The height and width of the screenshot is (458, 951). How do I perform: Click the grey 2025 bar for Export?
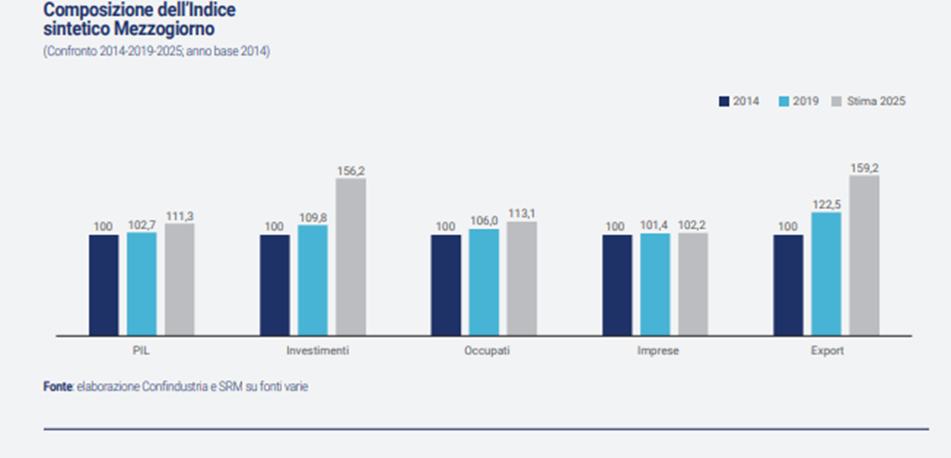(x=863, y=255)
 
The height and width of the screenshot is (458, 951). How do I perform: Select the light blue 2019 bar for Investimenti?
(x=313, y=280)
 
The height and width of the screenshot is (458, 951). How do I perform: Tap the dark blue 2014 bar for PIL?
(x=104, y=285)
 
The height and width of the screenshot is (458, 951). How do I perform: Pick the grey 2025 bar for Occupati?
(x=522, y=278)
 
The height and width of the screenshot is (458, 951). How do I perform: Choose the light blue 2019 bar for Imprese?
(x=655, y=284)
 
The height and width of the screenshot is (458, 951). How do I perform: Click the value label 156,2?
(x=351, y=171)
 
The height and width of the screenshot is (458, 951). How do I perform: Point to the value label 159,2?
(x=864, y=168)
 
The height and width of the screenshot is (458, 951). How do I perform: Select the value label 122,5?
(x=827, y=204)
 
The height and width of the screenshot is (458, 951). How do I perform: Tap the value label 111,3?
(x=180, y=216)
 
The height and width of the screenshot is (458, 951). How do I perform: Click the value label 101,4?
(x=655, y=226)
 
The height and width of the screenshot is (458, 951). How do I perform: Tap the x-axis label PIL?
(x=142, y=351)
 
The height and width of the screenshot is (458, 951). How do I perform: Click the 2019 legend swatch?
(x=783, y=101)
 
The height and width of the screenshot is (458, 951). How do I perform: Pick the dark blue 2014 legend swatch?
(x=723, y=101)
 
